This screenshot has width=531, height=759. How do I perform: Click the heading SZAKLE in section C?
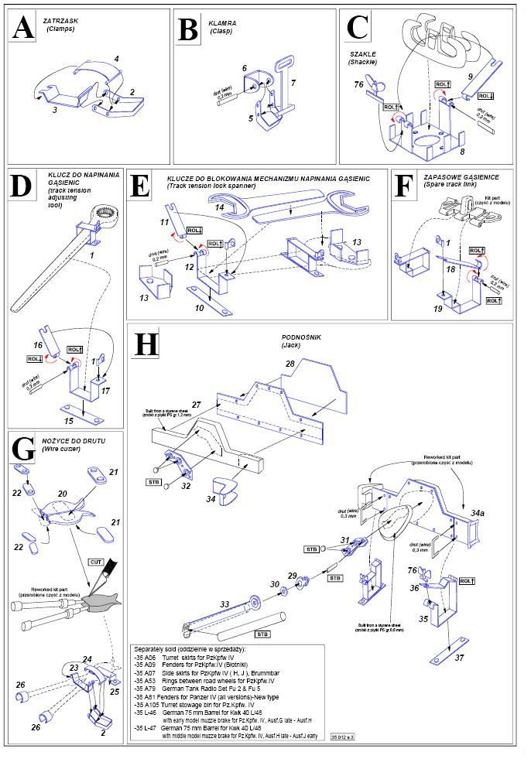click(x=362, y=53)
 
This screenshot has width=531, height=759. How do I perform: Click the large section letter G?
click(x=24, y=449)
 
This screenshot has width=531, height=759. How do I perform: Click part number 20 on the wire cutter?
click(x=63, y=492)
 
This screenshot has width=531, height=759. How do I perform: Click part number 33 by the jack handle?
click(x=225, y=604)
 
